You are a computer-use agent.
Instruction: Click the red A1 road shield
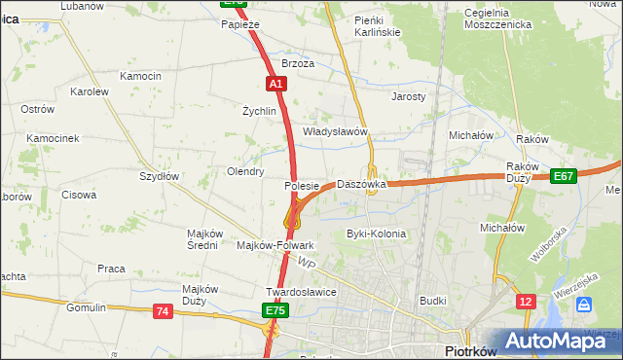coord(276,85)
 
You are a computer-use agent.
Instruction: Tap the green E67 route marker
coord(564,176)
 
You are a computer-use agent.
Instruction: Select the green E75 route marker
coord(275,310)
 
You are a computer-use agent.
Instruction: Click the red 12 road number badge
coord(527,303)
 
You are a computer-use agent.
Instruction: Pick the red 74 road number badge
coord(163,310)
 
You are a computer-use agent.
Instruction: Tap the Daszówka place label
coord(362,184)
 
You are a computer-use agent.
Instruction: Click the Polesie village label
coord(302,185)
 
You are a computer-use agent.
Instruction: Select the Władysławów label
coord(334,131)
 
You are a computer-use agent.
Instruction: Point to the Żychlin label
coord(260,111)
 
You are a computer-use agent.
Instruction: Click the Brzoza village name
coord(298,63)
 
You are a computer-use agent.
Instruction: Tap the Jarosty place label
coord(409,97)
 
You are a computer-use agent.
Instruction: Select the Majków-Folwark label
coord(275,245)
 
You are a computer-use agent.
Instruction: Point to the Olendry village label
coord(245,171)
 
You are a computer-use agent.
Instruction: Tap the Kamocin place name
coord(140,76)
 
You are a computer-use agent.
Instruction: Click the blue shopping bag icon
coord(584,305)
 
